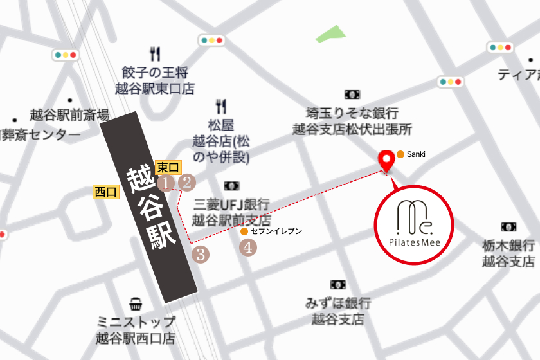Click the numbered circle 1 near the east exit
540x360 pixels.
tap(166, 183)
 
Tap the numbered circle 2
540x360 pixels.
tap(186, 183)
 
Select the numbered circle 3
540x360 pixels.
tap(201, 254)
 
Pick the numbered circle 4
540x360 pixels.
tap(249, 246)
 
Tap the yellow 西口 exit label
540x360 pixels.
tap(106, 191)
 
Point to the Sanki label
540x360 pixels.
tap(416, 154)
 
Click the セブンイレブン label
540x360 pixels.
tap(275, 230)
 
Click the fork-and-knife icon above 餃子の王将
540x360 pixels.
tap(154, 54)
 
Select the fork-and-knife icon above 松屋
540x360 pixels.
tap(221, 105)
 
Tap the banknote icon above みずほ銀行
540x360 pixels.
tap(338, 285)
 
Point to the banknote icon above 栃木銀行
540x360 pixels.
tap(509, 226)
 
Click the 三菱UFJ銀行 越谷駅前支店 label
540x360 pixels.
tap(231, 212)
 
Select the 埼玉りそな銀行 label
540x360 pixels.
tap(352, 120)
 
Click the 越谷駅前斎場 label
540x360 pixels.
tap(69, 116)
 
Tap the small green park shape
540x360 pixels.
tap(330, 34)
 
